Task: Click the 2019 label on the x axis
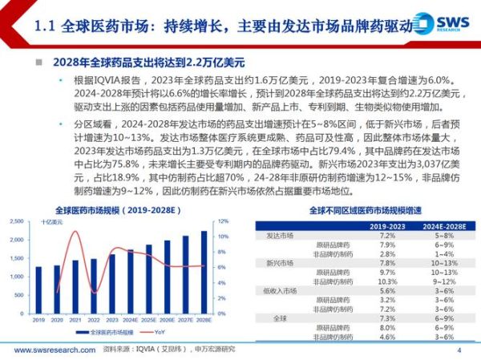[38, 318]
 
